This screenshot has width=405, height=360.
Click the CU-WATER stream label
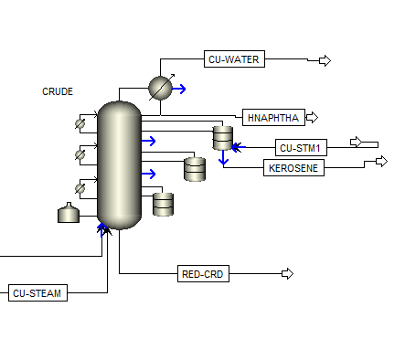(x=234, y=59)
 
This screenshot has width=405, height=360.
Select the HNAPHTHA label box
(x=273, y=117)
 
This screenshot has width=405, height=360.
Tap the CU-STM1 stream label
(x=301, y=148)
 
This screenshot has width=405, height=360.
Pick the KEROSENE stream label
(x=293, y=167)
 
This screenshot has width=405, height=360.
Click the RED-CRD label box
(x=203, y=273)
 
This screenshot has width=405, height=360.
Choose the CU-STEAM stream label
(x=37, y=292)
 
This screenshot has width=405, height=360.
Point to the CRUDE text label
(x=58, y=91)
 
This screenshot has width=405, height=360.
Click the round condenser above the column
(x=160, y=88)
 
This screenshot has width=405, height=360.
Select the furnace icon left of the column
(x=69, y=213)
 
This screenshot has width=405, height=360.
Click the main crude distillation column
(x=119, y=165)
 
